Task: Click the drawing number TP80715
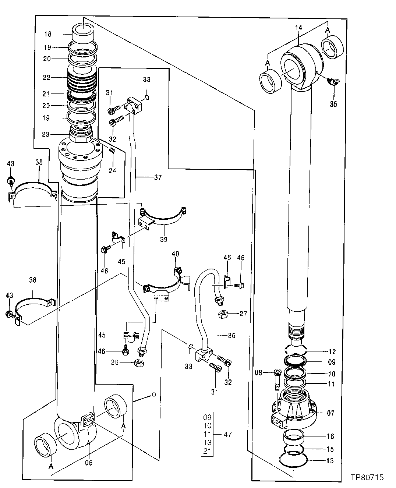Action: (367, 478)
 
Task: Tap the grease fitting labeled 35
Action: (333, 83)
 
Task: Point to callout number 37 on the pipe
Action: (158, 178)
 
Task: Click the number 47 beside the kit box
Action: (227, 434)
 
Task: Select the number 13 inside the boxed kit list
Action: (207, 443)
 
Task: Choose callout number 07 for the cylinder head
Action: (330, 413)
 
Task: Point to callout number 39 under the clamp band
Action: (163, 240)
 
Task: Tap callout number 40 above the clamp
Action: (175, 254)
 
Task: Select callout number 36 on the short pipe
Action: (231, 335)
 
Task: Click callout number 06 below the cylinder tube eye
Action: (89, 463)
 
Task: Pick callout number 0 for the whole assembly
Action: (153, 395)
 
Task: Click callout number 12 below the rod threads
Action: (332, 351)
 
